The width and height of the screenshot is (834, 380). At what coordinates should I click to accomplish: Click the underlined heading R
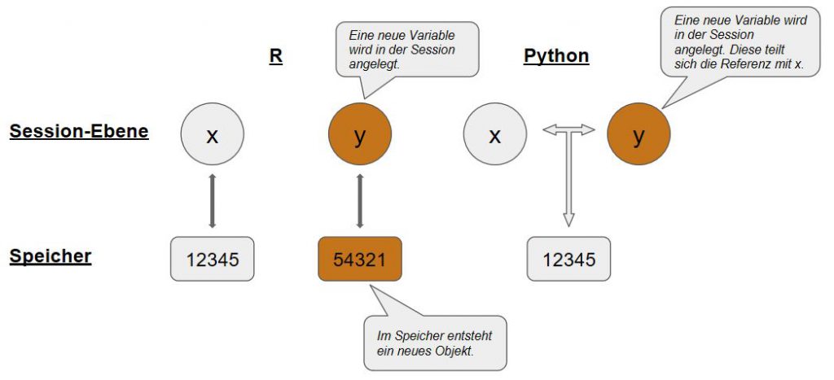coord(276,56)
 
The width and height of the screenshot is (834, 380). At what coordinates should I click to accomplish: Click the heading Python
coord(556,56)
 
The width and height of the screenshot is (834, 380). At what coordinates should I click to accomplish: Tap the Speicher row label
coord(50,256)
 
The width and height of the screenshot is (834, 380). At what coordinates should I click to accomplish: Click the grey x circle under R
coord(213,135)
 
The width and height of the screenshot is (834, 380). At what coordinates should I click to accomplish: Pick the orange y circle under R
coord(360,135)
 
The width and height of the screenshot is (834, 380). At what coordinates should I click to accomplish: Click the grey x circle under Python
coord(494,135)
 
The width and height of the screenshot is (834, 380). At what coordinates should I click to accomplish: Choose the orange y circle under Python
coord(639,135)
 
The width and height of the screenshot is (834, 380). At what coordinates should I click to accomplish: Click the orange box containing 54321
coord(360,260)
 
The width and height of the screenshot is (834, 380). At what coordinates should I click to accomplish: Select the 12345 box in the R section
coord(213,260)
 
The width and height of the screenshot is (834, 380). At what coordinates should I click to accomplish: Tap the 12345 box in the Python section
coord(568,260)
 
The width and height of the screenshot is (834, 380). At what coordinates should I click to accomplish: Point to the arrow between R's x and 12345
coord(213,199)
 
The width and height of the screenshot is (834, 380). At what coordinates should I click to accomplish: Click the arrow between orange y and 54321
coord(360,199)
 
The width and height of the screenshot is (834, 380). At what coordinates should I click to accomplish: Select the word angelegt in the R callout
coord(371,64)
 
